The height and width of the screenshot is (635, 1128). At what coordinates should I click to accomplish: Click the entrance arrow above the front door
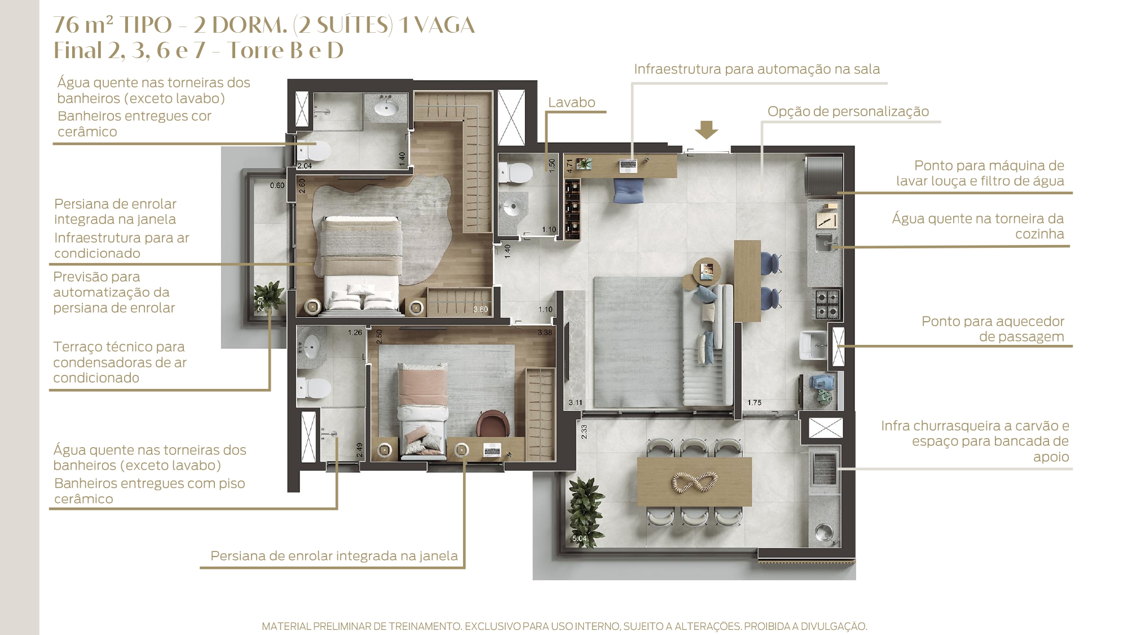coord(706,130)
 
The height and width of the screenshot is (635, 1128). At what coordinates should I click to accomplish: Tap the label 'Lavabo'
coord(571,102)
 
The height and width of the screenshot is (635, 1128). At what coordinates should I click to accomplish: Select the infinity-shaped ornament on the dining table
coord(694,482)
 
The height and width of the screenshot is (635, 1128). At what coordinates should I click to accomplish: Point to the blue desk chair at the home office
coord(628,190)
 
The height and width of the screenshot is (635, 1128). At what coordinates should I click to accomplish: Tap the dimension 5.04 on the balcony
coord(579,538)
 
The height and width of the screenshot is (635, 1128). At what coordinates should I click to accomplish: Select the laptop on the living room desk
coord(628,165)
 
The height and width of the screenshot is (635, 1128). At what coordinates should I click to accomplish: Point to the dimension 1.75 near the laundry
coord(754,402)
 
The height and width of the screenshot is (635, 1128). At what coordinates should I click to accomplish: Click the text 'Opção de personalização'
coord(848,111)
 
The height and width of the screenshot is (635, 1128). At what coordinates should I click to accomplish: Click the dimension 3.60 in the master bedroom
coord(481,309)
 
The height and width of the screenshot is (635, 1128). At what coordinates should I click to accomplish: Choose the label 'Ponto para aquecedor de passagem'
coord(993,329)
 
